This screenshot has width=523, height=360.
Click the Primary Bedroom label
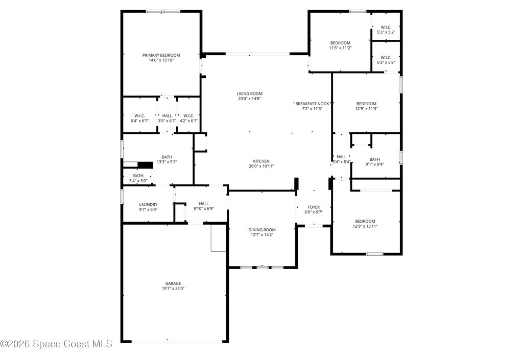click(x=161, y=55)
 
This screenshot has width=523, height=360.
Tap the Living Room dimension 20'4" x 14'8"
click(x=249, y=99)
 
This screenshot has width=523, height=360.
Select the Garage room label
click(x=173, y=284)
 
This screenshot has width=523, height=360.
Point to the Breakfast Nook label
click(x=312, y=104)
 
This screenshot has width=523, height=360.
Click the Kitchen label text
click(x=261, y=161)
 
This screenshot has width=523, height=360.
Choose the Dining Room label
click(x=262, y=230)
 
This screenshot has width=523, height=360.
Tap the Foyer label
click(x=314, y=207)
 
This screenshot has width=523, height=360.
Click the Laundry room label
click(x=148, y=205)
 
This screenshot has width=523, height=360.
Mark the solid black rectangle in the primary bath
click(x=145, y=165)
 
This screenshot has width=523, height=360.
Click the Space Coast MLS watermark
click(x=56, y=344)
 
